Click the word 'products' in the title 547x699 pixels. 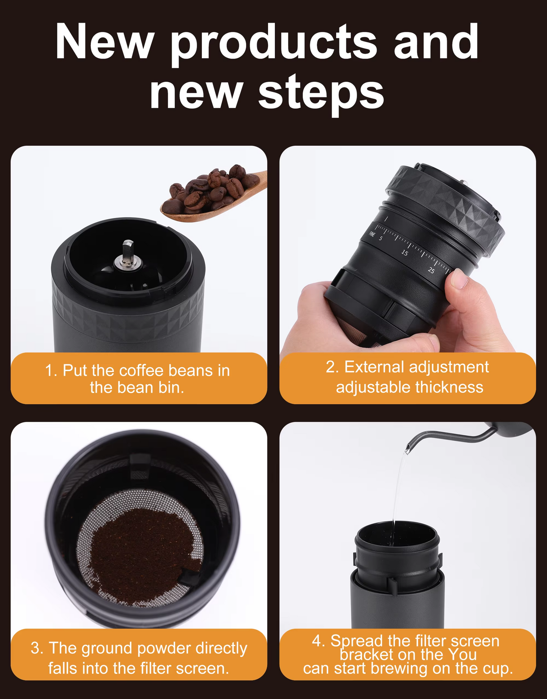[x=274, y=45]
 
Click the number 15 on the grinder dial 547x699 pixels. [x=405, y=252]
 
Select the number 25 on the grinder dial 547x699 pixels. [x=431, y=270]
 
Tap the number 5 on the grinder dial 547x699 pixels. [x=380, y=238]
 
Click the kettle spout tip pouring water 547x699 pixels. [x=407, y=450]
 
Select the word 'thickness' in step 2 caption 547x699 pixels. [x=449, y=388]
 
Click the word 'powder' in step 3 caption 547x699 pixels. [x=165, y=649]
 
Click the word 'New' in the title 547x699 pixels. [x=105, y=42]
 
